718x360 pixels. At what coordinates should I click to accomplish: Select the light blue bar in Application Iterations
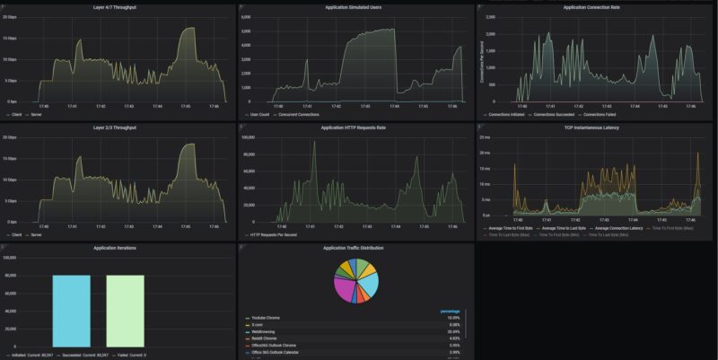[x=71, y=310]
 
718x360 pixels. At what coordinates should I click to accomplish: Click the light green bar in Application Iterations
[x=125, y=310]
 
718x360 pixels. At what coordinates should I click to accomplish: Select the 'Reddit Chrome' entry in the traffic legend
[x=267, y=338]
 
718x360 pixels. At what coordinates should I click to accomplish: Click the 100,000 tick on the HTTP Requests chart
[x=250, y=137]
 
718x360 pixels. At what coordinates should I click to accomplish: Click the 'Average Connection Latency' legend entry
[x=621, y=228]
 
